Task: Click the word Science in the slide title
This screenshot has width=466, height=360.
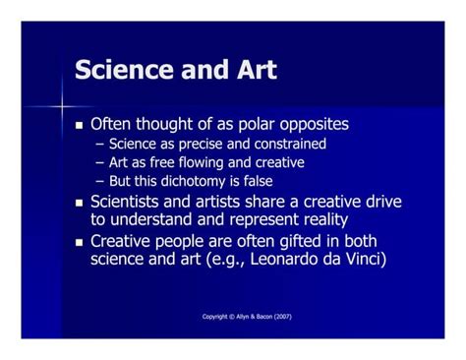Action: (117, 71)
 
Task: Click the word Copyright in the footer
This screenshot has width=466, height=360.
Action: (217, 317)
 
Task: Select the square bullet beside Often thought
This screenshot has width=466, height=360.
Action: (81, 126)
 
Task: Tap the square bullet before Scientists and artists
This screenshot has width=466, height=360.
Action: (81, 203)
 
